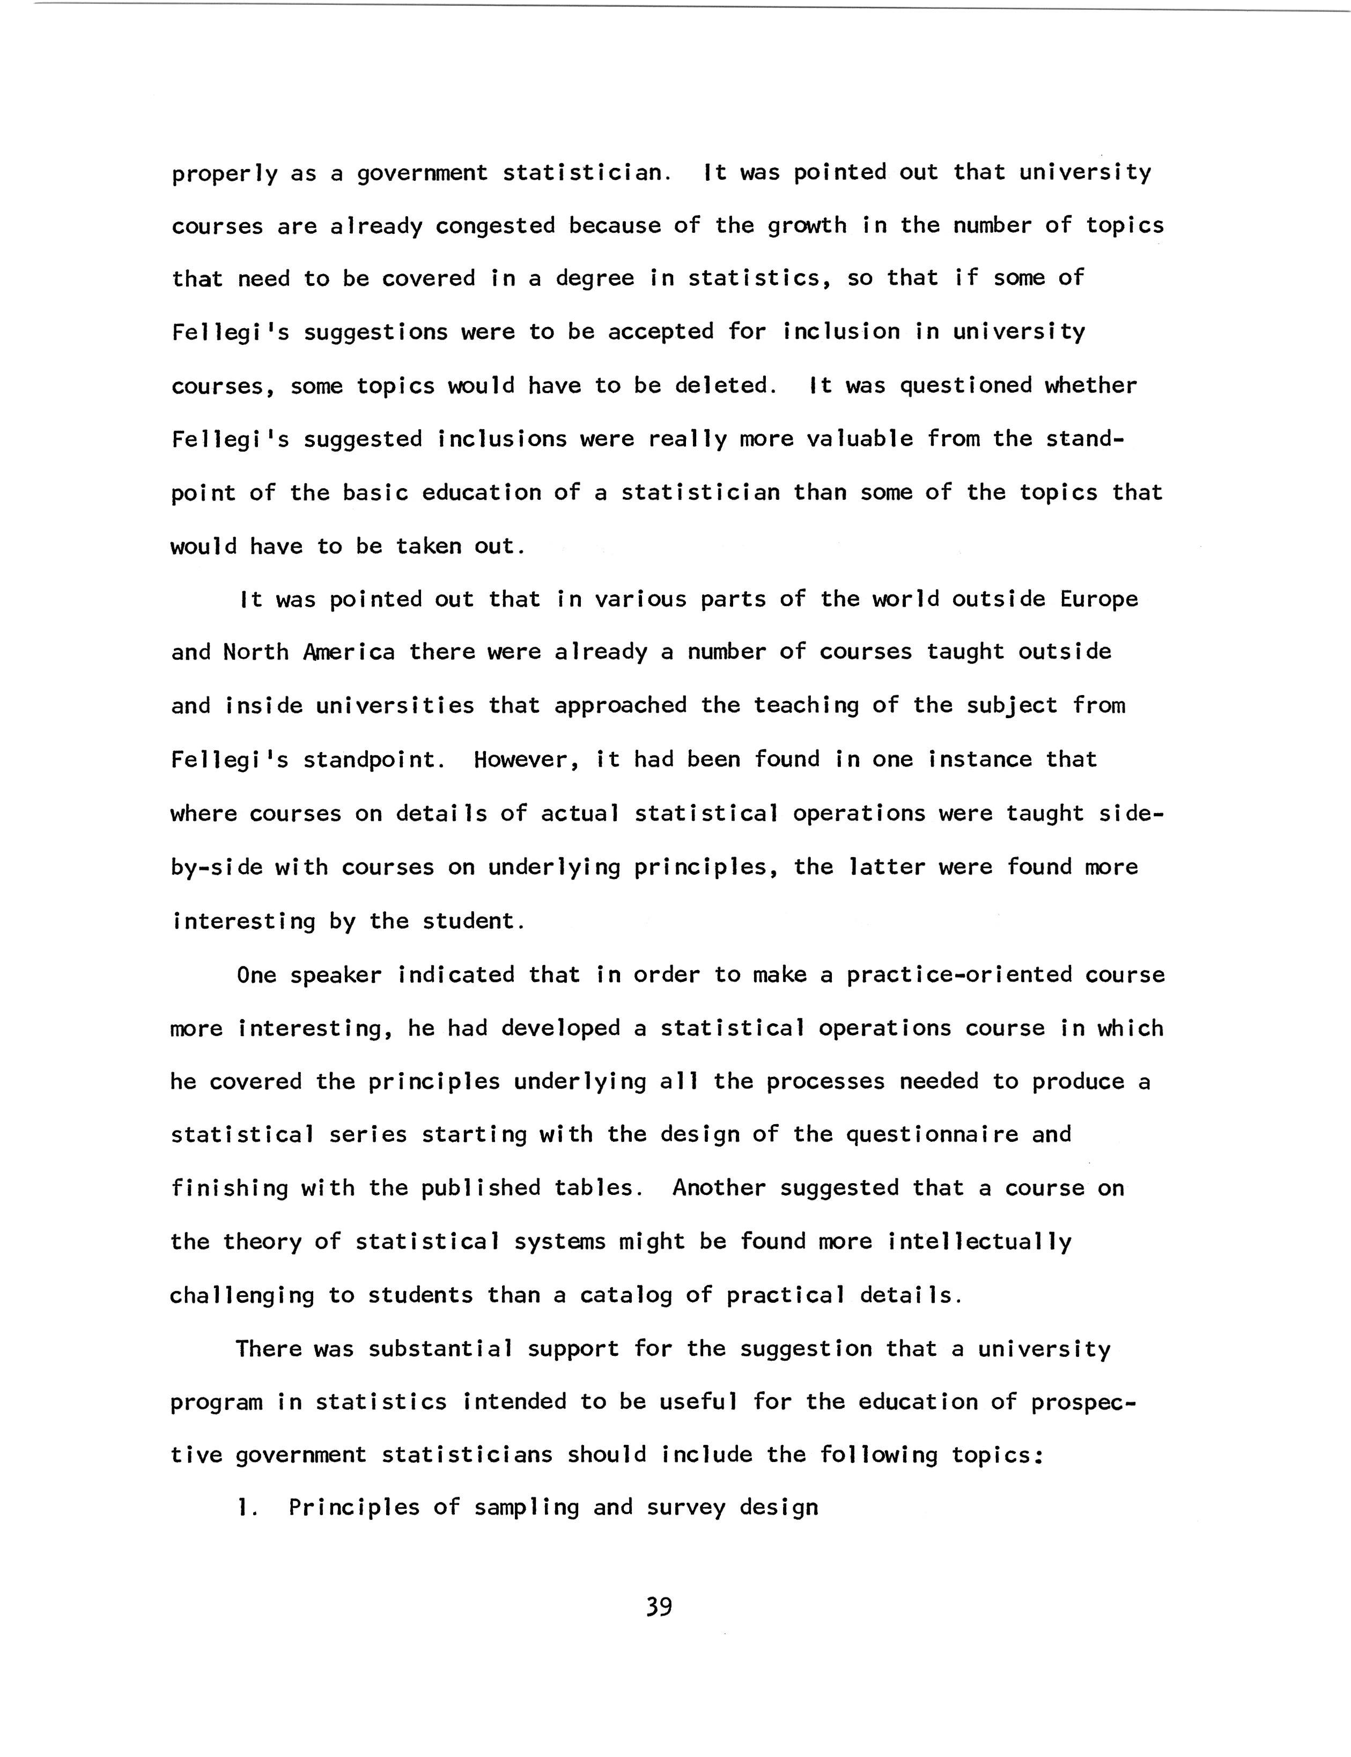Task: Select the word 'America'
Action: tap(350, 652)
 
